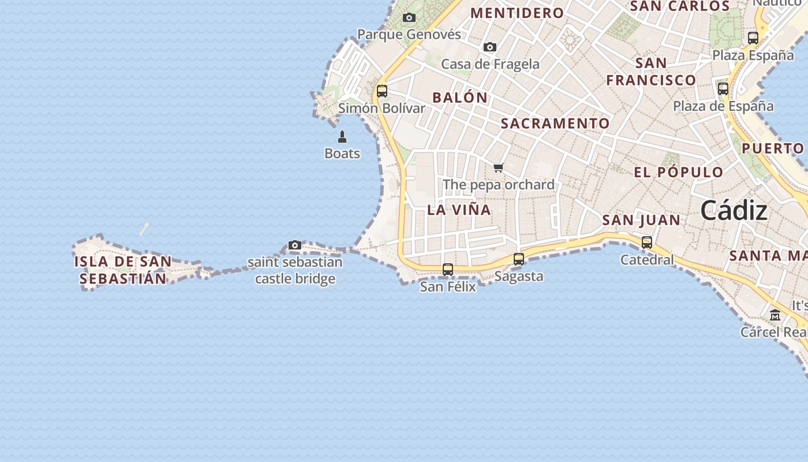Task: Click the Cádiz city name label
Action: tap(734, 211)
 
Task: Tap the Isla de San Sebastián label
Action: tap(123, 270)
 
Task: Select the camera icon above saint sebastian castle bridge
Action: tap(295, 245)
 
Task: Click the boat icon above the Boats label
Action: tap(342, 137)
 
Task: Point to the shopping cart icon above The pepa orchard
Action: tap(499, 168)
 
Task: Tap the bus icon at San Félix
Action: tap(448, 269)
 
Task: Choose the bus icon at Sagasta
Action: tap(519, 259)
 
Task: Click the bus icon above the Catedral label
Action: tap(647, 243)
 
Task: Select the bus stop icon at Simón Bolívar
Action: tap(381, 91)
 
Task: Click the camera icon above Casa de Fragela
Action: tap(490, 47)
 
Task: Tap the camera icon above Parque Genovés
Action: tap(409, 18)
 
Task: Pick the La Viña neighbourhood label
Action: tap(459, 210)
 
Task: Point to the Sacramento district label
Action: tap(555, 124)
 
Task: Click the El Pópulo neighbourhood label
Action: tap(679, 172)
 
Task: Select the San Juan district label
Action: tap(641, 220)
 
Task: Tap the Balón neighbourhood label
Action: tap(460, 98)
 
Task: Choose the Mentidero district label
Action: tap(517, 13)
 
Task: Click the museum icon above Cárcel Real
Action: tap(775, 315)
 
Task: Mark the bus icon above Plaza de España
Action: tap(723, 89)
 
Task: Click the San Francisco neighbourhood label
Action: tap(651, 71)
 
